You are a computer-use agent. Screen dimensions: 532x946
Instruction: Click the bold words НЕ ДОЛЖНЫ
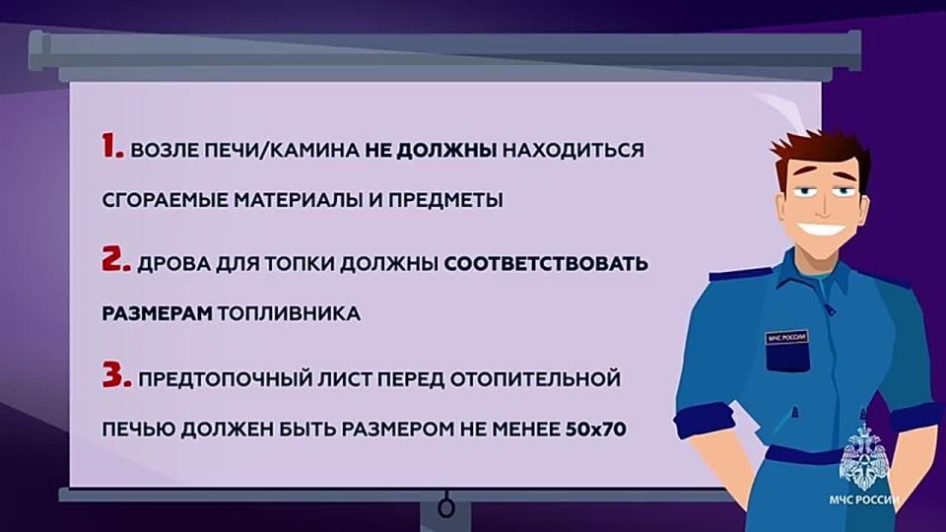click(432, 152)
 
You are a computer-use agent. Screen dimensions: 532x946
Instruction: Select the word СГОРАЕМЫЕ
click(164, 200)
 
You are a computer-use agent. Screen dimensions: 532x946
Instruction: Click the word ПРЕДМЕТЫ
click(449, 200)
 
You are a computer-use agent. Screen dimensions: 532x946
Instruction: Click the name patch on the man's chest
click(785, 338)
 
